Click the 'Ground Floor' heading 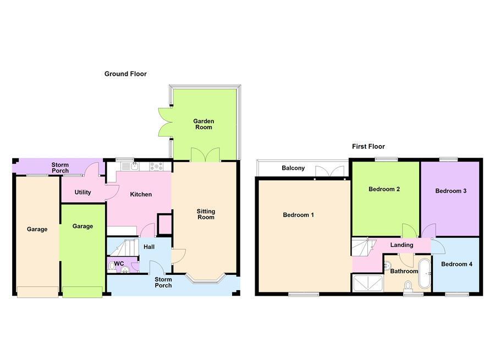(x=125, y=74)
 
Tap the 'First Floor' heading (x=369, y=147)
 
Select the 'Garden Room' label (x=203, y=124)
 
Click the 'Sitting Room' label (x=206, y=214)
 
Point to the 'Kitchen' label (x=141, y=195)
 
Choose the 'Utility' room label (x=83, y=192)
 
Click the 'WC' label (x=119, y=263)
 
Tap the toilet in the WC (x=113, y=266)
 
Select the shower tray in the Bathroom (x=367, y=283)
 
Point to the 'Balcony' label (x=293, y=168)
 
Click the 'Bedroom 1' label (x=298, y=215)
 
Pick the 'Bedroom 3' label (x=451, y=191)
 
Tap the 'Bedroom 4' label (x=457, y=264)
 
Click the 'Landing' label (x=402, y=245)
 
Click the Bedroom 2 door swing (x=408, y=230)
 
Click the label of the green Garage (x=82, y=226)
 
